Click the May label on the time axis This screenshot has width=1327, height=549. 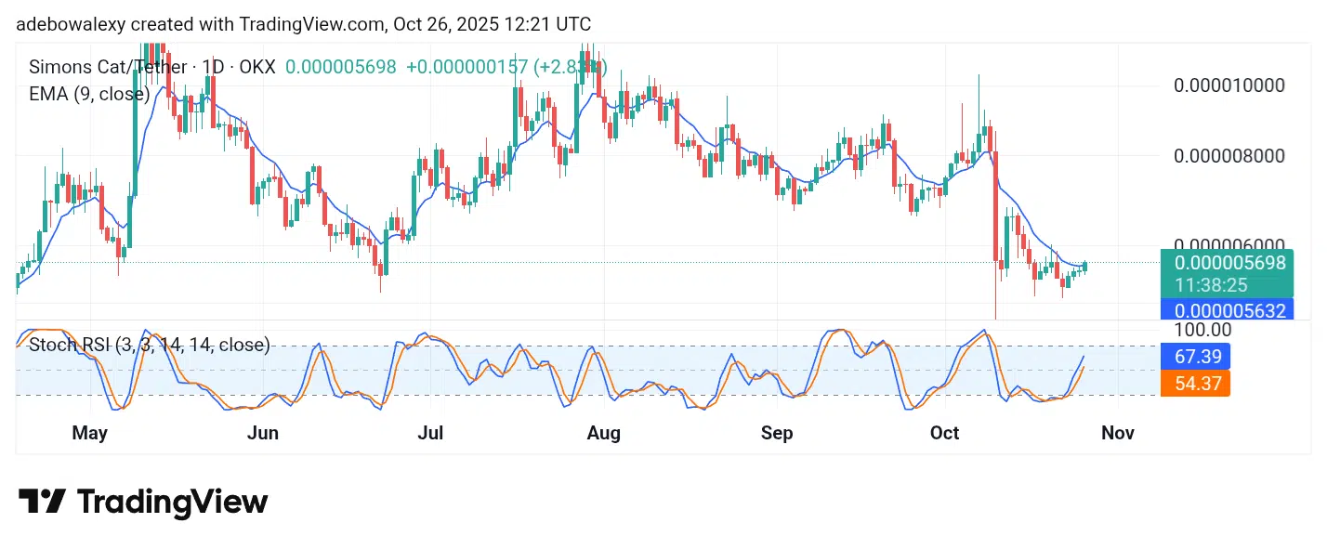(90, 433)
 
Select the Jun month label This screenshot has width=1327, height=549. (263, 433)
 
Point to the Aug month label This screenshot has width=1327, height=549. (604, 433)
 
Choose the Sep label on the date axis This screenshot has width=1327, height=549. (777, 433)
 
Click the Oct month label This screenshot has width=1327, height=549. (944, 433)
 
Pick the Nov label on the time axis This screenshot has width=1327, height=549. (1117, 433)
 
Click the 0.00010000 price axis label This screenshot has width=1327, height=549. (1228, 85)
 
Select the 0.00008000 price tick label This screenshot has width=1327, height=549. (1228, 155)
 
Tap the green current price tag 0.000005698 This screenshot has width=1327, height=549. (1228, 263)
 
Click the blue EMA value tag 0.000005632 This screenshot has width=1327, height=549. (1228, 310)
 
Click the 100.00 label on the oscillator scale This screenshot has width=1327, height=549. (1202, 330)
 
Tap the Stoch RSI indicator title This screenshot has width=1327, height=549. (150, 346)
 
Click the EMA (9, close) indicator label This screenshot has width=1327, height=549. (89, 93)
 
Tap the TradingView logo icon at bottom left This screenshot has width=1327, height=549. (42, 502)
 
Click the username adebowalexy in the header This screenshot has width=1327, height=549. (72, 24)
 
